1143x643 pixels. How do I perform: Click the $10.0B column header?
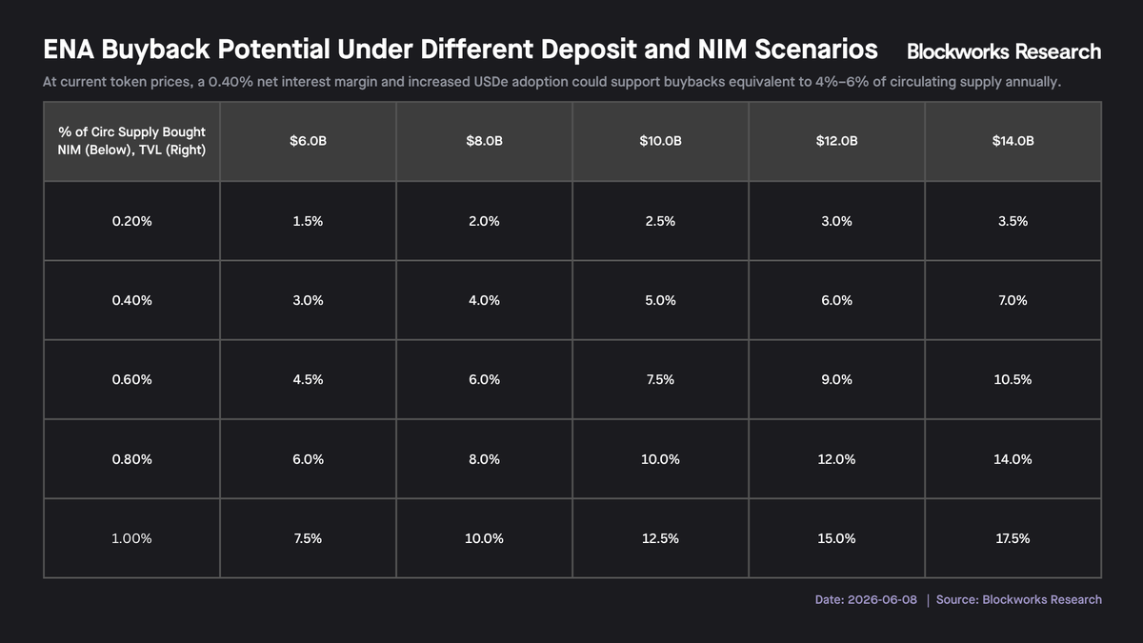coord(660,141)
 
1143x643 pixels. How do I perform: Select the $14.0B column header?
coord(1013,141)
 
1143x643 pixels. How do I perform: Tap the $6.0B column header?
coord(308,141)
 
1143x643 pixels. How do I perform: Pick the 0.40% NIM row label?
coord(131,300)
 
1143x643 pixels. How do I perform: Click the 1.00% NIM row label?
coord(131,538)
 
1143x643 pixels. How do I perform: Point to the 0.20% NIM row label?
coord(131,221)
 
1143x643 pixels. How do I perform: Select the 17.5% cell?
coord(1013,538)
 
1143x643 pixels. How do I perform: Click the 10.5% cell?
coord(1013,380)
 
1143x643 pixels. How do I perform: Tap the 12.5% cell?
coord(660,538)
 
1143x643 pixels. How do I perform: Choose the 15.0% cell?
coord(836,538)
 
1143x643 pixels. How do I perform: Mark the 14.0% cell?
coord(1013,459)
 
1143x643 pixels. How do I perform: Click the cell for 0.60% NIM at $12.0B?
coord(836,380)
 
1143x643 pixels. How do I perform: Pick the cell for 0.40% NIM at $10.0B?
coord(660,300)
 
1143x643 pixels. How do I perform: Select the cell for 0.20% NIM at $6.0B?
coord(308,221)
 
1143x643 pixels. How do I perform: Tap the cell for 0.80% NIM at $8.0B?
coord(484,459)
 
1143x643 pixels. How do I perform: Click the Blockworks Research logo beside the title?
coord(1004,51)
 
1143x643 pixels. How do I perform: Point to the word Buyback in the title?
coord(155,50)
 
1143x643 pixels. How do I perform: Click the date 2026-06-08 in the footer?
coord(882,599)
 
